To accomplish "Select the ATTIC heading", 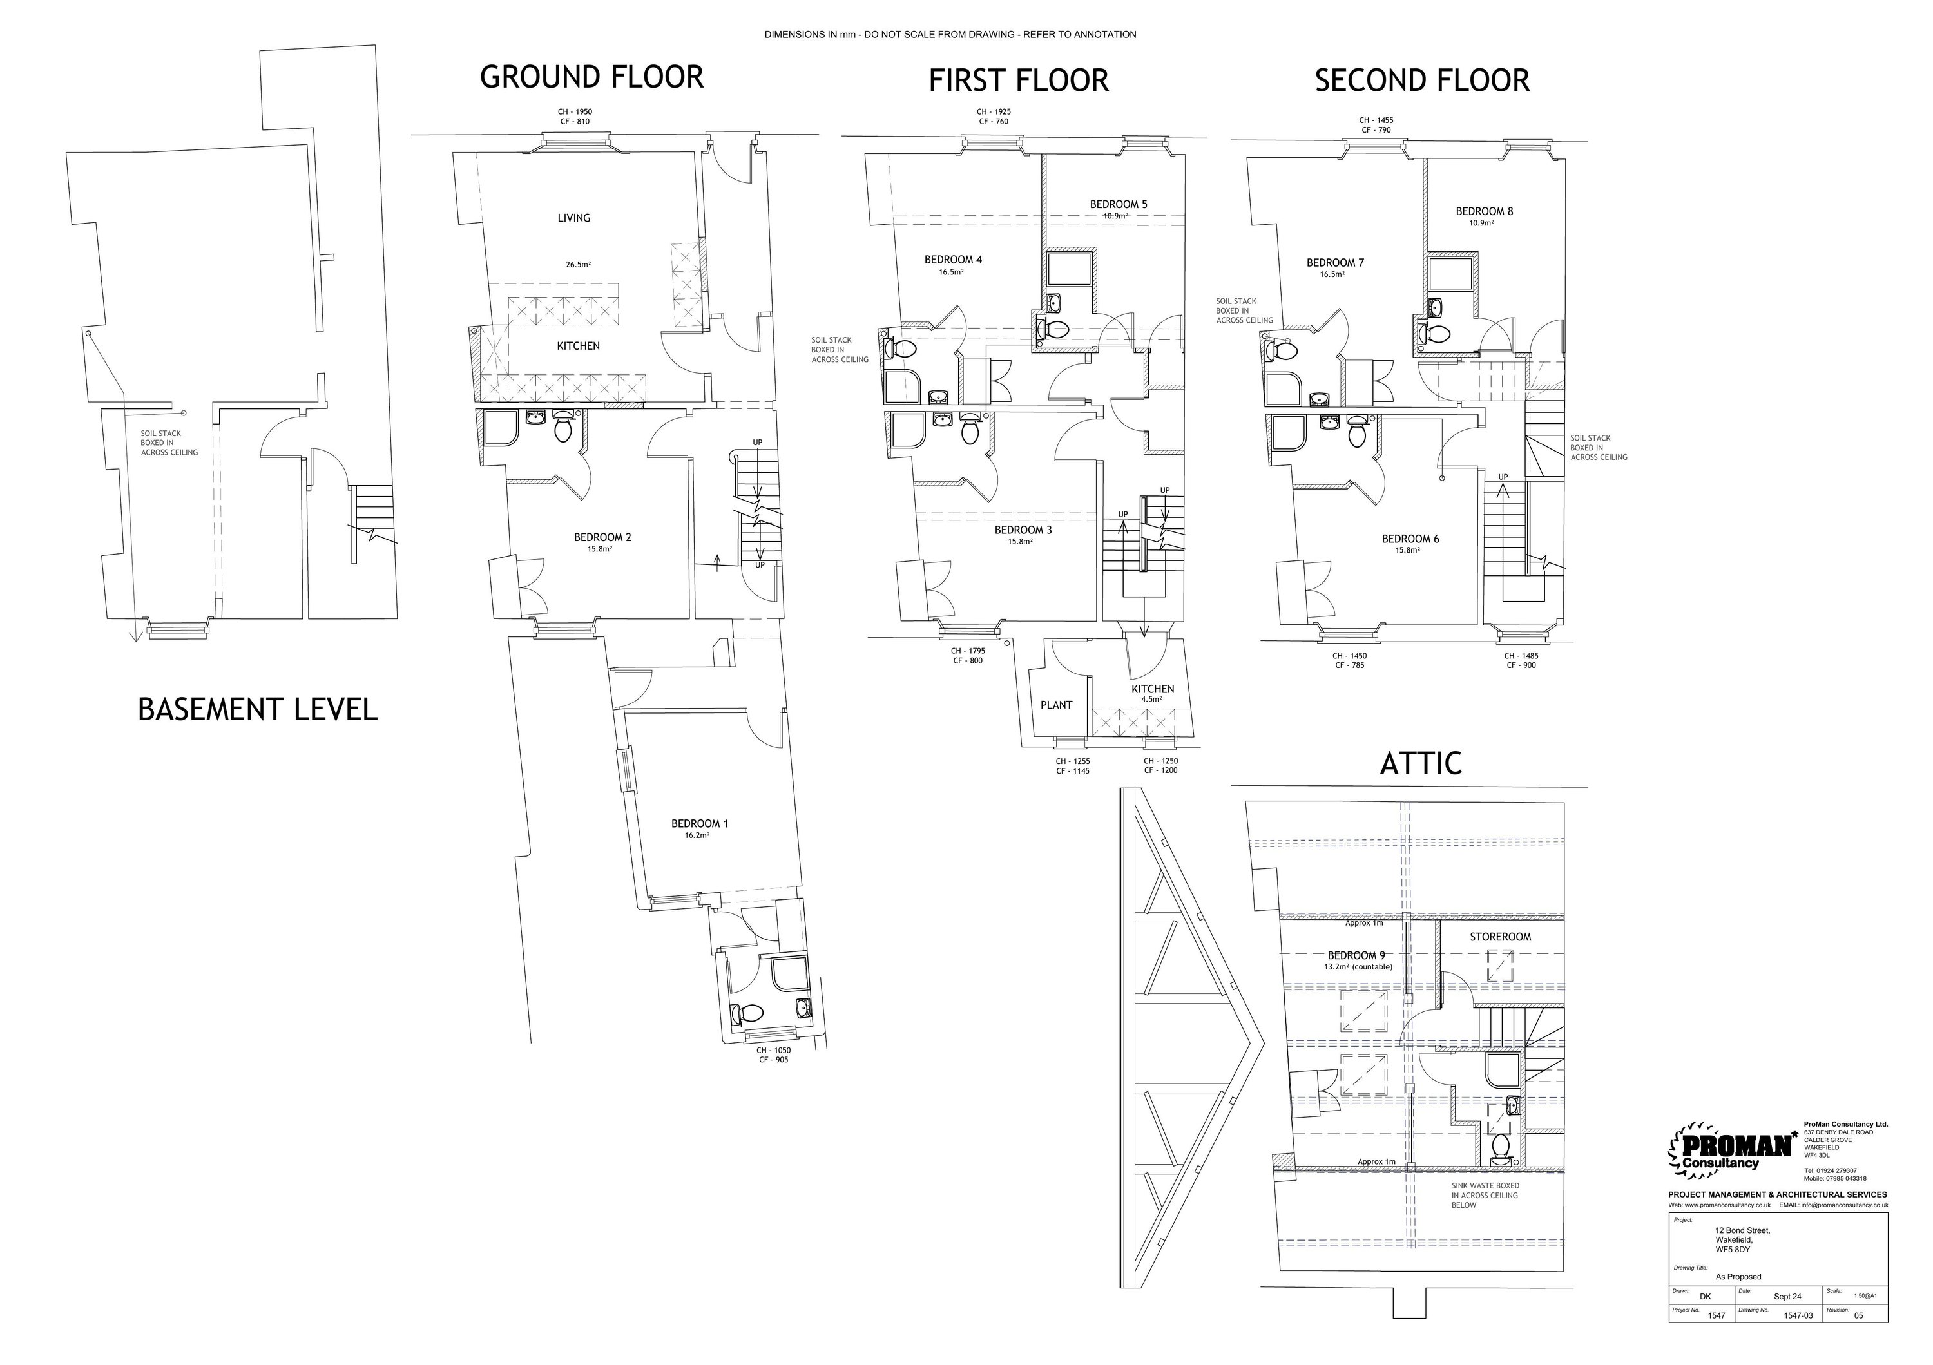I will click(1420, 763).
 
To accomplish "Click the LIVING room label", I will click(573, 218).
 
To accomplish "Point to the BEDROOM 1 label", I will click(698, 824).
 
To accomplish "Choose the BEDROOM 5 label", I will click(1118, 204).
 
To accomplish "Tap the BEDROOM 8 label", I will click(1485, 211).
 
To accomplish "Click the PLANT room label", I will click(1056, 705).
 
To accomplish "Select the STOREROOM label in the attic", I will click(1500, 937).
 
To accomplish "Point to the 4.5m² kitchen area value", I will click(1151, 700).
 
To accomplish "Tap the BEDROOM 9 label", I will click(1356, 955).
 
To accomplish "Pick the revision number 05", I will click(1858, 1339).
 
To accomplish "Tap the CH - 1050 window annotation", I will click(773, 1050).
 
